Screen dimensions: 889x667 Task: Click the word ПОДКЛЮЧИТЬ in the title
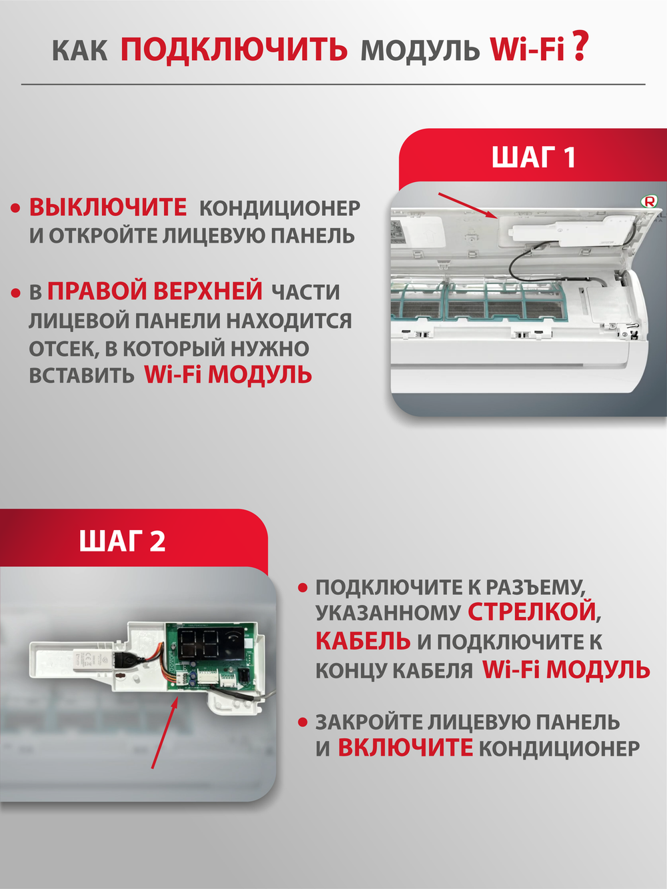pos(233,49)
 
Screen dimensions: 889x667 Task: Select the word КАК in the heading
pos(79,51)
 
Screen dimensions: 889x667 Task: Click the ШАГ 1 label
pos(533,157)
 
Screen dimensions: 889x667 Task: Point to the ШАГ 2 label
pos(122,541)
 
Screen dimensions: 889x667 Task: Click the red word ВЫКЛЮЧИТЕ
pos(107,207)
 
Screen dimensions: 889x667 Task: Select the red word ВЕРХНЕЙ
pos(208,291)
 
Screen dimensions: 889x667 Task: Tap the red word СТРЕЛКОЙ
pos(531,612)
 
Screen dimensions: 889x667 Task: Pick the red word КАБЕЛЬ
pos(362,641)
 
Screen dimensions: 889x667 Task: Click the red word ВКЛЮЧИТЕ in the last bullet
pos(405,748)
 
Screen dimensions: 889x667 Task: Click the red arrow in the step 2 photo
pos(164,730)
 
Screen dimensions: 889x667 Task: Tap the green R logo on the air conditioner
pos(648,201)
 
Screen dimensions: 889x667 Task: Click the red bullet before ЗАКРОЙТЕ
pos(303,722)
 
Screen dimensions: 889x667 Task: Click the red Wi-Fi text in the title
pos(527,49)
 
